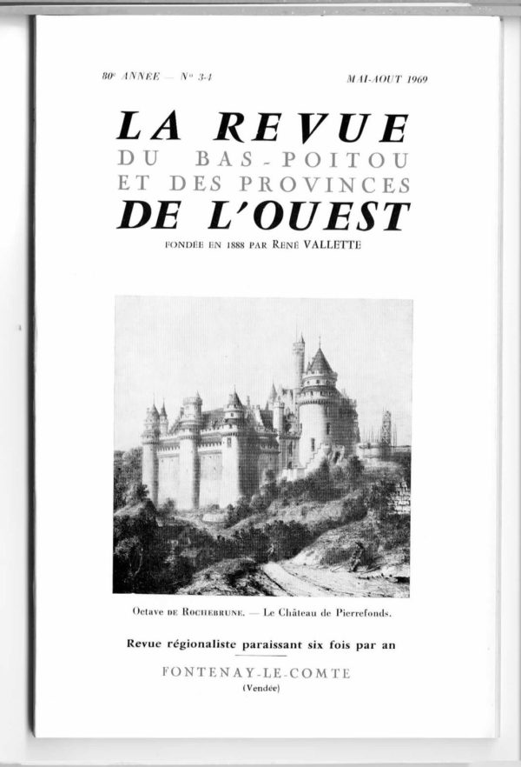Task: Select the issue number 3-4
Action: tap(204, 78)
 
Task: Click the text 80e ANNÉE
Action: tap(126, 78)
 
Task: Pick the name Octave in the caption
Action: tap(155, 612)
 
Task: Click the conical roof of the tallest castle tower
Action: tap(320, 360)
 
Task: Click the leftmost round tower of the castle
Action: tap(152, 452)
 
